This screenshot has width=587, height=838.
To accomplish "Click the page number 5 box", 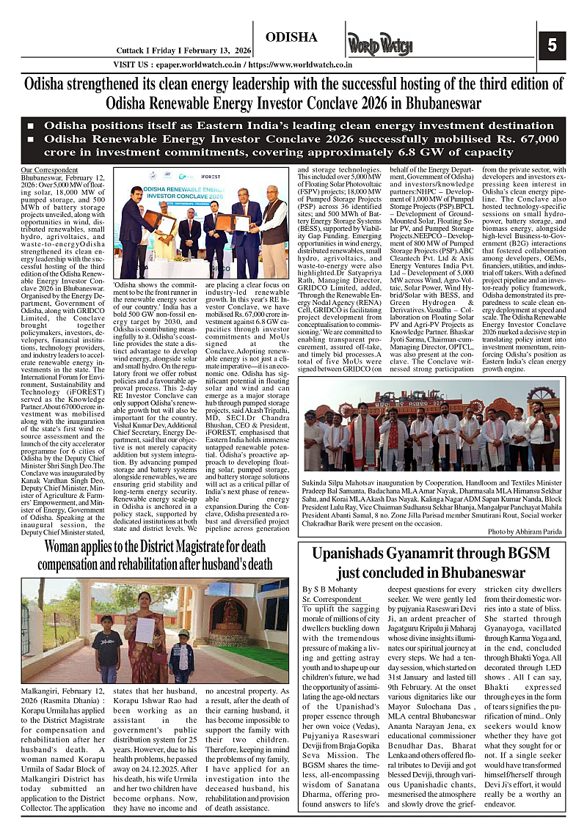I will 551,45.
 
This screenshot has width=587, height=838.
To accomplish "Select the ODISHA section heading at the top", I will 291,37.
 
